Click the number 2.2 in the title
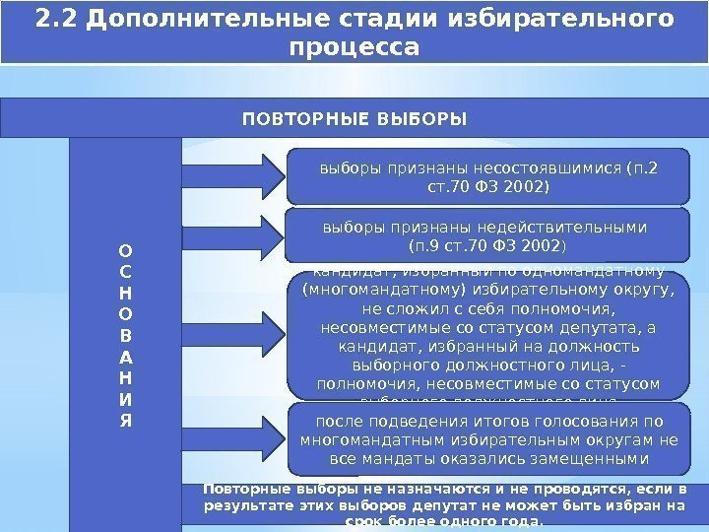coord(54,19)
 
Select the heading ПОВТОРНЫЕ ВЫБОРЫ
coord(354,119)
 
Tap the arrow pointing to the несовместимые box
coord(232,325)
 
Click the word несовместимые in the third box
coord(380,327)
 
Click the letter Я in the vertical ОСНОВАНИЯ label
coord(125,421)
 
